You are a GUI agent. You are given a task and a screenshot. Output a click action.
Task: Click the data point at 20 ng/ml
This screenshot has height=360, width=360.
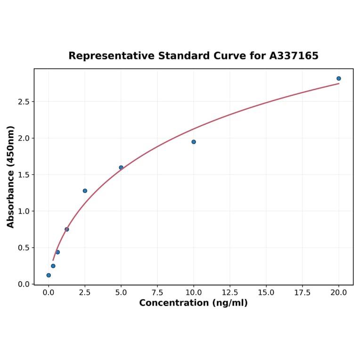tap(339, 79)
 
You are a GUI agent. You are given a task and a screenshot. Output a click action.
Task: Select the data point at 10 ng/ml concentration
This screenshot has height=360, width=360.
tap(194, 142)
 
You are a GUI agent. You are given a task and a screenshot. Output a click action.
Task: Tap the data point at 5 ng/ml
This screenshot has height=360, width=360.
tap(121, 168)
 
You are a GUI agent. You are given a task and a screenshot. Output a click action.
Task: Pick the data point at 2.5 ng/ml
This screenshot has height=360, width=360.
tap(85, 191)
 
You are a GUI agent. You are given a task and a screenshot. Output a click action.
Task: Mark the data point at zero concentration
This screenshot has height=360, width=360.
tap(49, 275)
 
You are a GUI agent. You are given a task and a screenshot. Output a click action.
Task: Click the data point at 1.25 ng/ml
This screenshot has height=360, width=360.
tap(67, 229)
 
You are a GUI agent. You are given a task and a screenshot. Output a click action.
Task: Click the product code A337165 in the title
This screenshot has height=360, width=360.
tap(294, 56)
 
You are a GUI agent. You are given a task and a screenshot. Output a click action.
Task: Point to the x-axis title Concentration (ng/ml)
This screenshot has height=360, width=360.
tap(193, 303)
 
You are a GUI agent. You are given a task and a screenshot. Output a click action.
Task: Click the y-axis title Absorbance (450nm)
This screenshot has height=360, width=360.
tap(11, 177)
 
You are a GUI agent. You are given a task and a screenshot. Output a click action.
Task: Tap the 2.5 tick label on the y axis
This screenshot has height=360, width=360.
tap(24, 102)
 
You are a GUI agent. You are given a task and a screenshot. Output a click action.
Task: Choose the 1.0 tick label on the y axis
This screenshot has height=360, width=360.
tap(24, 211)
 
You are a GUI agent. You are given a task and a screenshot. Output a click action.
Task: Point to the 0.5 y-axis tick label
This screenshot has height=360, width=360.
tap(24, 248)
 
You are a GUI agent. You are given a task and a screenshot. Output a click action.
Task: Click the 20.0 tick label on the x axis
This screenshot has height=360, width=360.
tap(339, 293)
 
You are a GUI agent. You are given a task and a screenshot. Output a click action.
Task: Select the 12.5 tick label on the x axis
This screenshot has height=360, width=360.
tap(230, 293)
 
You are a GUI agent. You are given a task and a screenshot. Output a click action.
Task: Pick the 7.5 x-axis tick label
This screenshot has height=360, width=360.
tap(157, 293)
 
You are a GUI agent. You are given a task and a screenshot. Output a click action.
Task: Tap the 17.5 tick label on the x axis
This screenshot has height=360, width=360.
tap(303, 293)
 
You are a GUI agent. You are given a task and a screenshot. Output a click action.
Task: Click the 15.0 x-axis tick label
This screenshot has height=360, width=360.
tap(266, 293)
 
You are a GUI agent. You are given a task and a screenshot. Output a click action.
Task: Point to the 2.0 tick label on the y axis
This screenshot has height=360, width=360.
tap(24, 139)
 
